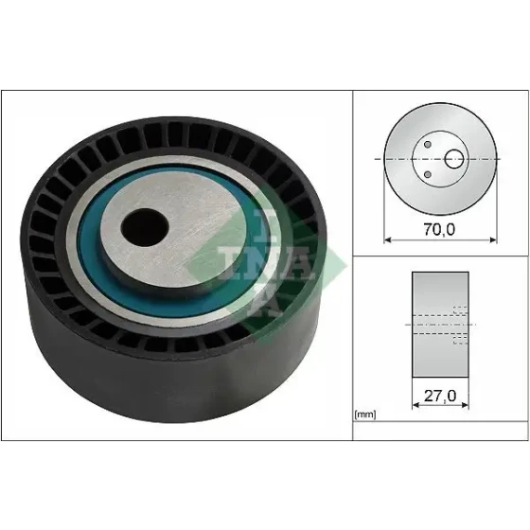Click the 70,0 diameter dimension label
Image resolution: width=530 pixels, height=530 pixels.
439,229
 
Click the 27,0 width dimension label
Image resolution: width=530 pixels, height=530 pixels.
440,396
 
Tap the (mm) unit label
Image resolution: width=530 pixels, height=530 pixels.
365,415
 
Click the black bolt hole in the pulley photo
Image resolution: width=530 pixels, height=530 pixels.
145,227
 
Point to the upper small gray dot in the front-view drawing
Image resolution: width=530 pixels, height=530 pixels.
428,145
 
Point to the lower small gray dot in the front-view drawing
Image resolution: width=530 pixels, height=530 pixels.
428,174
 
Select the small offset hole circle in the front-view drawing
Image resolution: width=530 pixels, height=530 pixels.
454,159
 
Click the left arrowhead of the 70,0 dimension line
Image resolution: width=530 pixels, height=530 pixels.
387,240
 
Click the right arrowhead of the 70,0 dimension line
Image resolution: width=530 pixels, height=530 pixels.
493,240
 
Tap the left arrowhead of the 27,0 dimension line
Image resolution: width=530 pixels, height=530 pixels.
415,405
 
